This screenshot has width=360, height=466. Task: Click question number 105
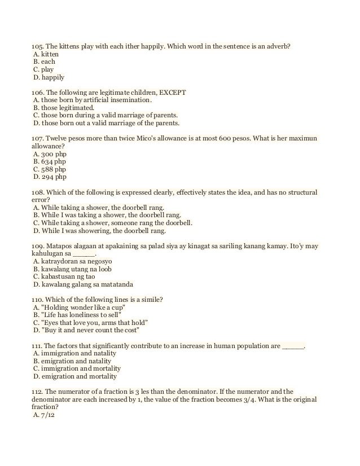click(x=37, y=46)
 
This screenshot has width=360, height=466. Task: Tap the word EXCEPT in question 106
click(x=174, y=92)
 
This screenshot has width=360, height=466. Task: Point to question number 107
click(x=37, y=138)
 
